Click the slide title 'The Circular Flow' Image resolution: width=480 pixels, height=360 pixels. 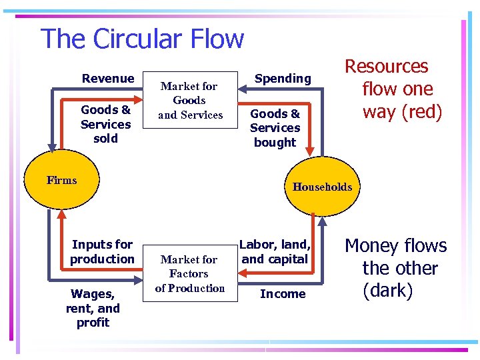(x=142, y=39)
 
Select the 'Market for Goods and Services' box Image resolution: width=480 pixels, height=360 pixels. (x=190, y=100)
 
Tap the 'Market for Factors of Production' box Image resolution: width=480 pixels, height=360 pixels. (x=190, y=273)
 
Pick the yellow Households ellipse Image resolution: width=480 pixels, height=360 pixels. (x=321, y=187)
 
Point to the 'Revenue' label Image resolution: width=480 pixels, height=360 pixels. (x=107, y=79)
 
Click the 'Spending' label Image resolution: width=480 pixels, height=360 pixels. (x=283, y=79)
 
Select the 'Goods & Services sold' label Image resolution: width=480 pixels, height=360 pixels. (x=105, y=124)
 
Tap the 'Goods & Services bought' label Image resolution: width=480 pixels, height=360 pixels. (x=275, y=127)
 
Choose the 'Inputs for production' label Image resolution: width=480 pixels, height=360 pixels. (x=102, y=251)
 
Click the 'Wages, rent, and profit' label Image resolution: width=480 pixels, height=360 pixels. (x=93, y=308)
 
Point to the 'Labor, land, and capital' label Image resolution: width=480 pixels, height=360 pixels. (x=275, y=251)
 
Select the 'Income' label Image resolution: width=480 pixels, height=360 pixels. (x=283, y=293)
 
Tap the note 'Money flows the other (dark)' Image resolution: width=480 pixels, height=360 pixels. (x=396, y=268)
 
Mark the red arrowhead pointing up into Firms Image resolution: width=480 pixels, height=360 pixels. (x=61, y=214)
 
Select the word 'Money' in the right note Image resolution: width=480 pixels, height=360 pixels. (x=373, y=246)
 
